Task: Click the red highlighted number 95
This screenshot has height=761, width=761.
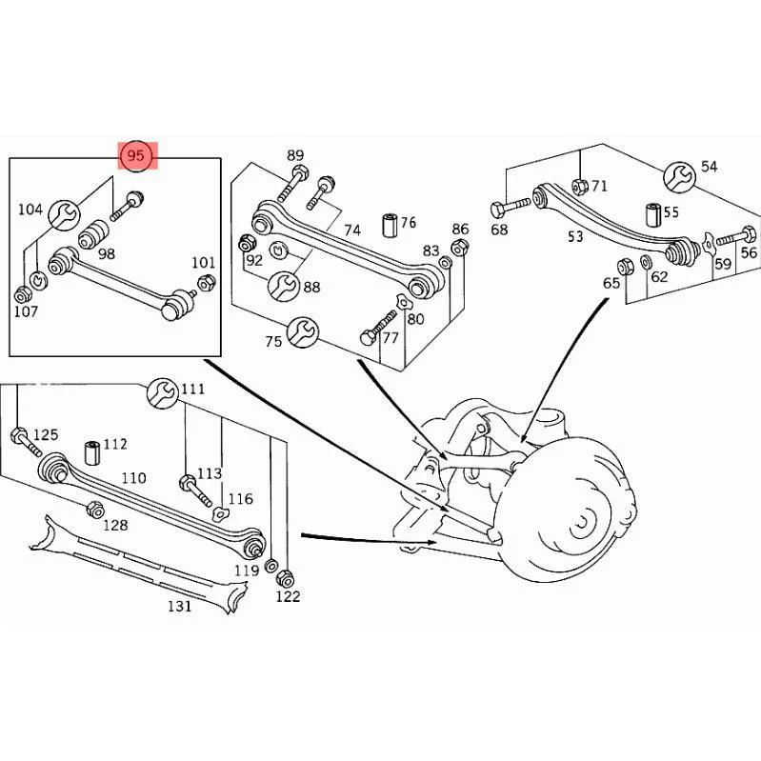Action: (x=136, y=155)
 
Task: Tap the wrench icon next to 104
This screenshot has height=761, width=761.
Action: (x=65, y=214)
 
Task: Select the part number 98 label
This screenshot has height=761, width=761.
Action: (x=107, y=253)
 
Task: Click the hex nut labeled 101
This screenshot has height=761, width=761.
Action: (x=208, y=283)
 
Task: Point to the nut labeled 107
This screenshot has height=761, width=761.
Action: (x=22, y=294)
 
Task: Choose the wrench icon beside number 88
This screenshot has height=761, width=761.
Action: (x=284, y=286)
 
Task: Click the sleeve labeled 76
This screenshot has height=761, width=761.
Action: (x=390, y=224)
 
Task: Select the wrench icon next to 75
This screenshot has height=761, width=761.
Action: (x=303, y=332)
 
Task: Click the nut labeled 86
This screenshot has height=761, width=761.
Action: (x=459, y=248)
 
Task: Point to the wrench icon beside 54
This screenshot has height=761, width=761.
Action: (x=679, y=177)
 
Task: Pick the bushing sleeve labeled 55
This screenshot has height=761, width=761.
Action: (x=653, y=215)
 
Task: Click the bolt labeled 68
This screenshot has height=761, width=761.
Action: (x=511, y=207)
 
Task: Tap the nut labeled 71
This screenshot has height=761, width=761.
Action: (x=580, y=186)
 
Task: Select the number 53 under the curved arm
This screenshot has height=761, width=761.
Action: (x=575, y=236)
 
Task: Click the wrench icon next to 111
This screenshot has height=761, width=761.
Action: (x=162, y=392)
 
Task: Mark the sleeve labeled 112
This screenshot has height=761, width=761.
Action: (x=92, y=452)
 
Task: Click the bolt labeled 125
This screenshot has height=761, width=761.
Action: (x=27, y=441)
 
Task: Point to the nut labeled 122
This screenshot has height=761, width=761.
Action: (x=285, y=578)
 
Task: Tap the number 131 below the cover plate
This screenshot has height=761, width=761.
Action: (x=180, y=606)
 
